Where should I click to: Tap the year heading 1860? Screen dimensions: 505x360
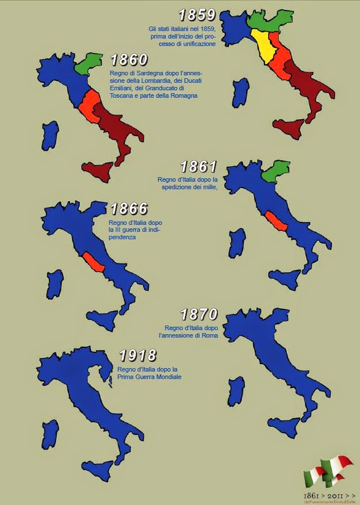click(129, 60)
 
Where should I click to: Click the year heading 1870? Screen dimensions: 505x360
click(199, 315)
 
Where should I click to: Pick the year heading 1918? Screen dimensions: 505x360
click(137, 355)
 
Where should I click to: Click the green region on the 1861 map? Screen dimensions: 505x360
click(274, 171)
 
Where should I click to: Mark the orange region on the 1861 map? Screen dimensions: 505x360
click(273, 221)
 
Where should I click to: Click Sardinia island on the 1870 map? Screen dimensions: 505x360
click(236, 391)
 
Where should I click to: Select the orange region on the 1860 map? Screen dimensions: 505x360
click(90, 105)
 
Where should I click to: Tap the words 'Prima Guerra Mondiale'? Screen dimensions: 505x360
click(150, 377)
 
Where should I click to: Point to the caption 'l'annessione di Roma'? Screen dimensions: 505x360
click(188, 335)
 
